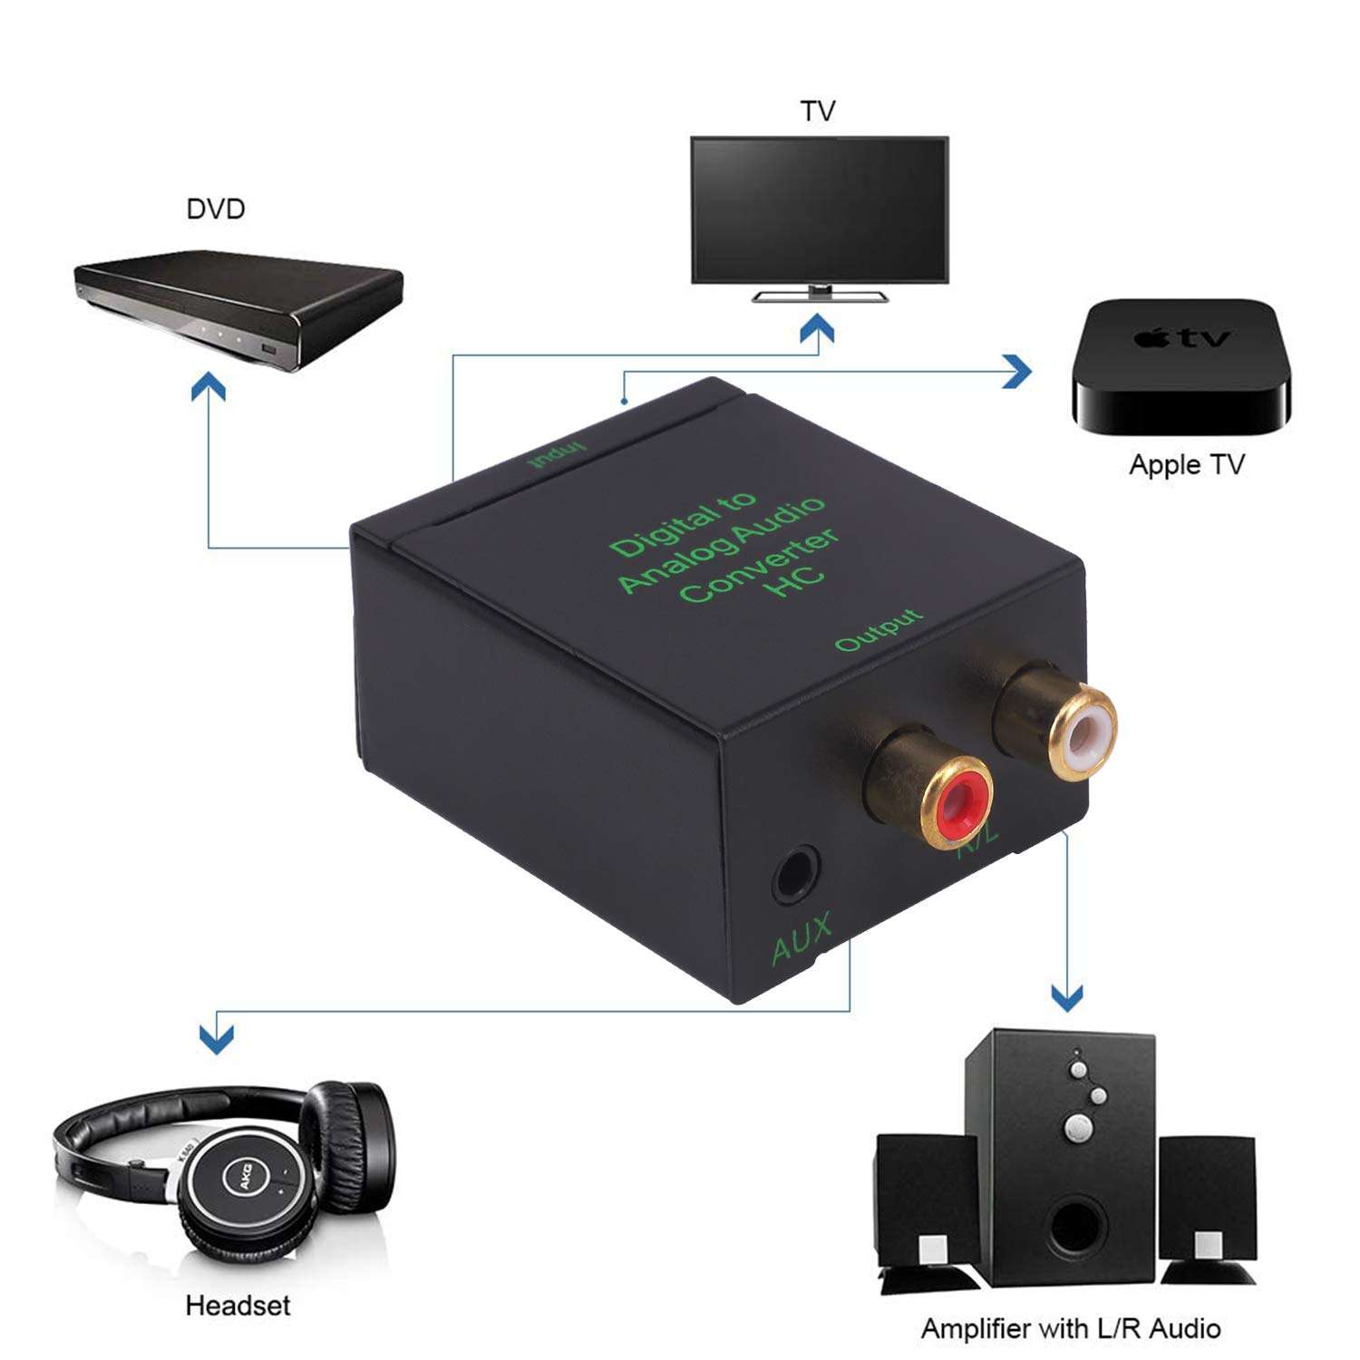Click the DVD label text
tap(216, 209)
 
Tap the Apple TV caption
tap(1186, 465)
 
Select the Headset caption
tap(238, 1306)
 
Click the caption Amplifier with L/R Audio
tap(1070, 1329)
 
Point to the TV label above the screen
tap(817, 112)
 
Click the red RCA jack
tap(957, 800)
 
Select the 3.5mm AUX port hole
tap(796, 875)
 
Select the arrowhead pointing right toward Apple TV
tap(1019, 371)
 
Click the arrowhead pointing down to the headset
tap(217, 1039)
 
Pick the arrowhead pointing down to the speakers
tap(1067, 997)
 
